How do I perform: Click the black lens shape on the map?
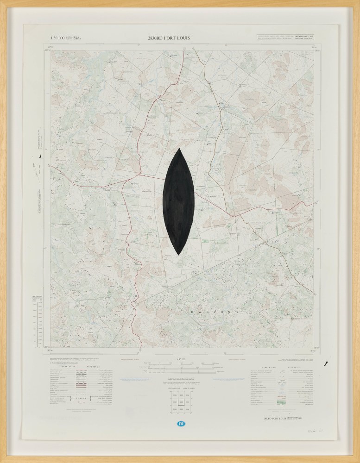(179, 201)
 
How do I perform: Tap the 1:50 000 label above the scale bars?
(179, 359)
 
